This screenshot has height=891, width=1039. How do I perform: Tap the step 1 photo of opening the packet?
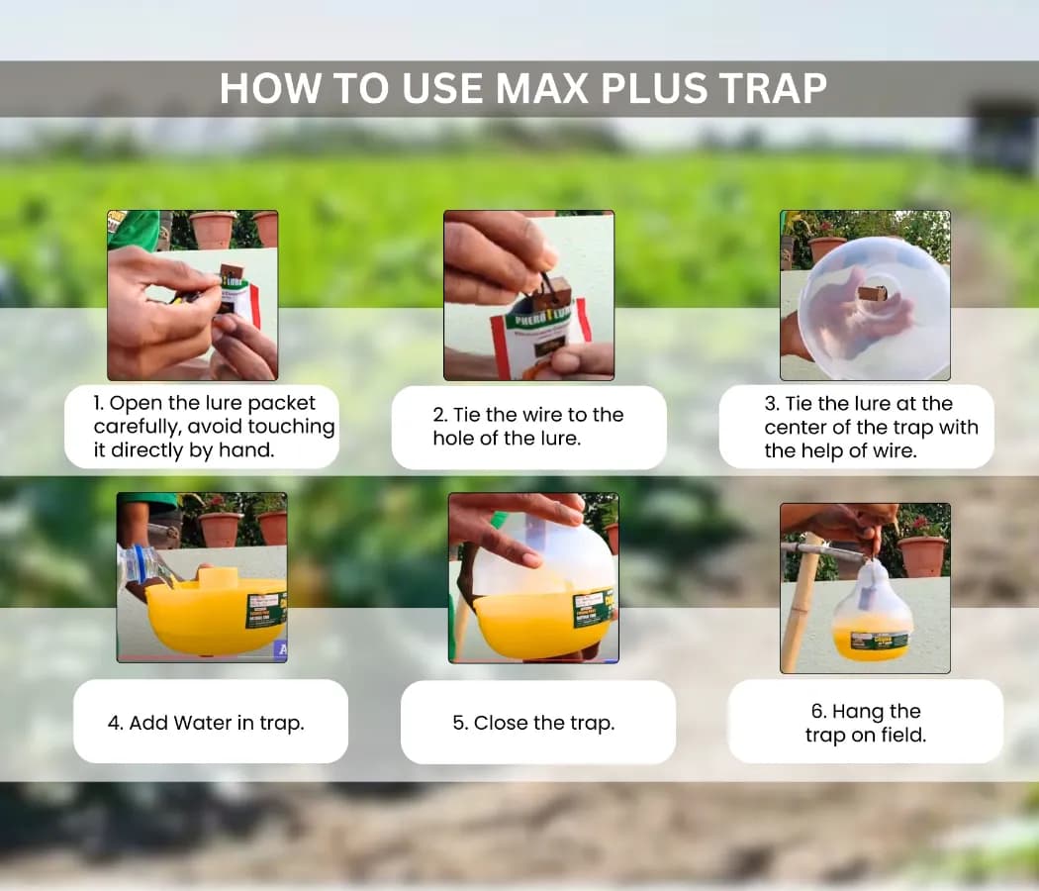tap(192, 295)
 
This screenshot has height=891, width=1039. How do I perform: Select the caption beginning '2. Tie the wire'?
tap(528, 427)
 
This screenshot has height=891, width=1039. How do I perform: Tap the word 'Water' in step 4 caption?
tap(202, 723)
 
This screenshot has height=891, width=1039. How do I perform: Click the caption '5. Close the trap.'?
tap(534, 723)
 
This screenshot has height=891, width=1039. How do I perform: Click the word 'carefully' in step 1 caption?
tap(137, 427)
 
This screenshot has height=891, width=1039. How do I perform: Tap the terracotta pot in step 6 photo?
tap(921, 554)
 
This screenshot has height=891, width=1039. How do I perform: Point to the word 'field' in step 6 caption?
tap(897, 736)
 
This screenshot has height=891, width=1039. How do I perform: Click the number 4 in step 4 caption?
tap(113, 723)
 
